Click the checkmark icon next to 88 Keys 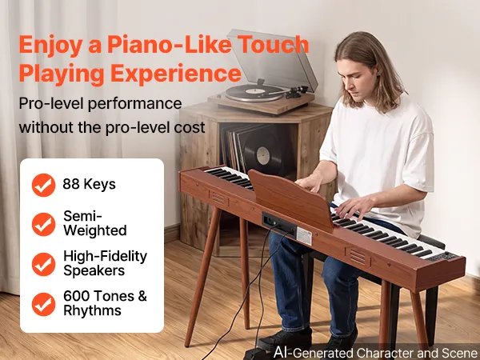[x=43, y=185]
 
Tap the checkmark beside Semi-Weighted [x=43, y=224]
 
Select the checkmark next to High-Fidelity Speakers [x=43, y=264]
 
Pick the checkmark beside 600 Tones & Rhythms [x=43, y=304]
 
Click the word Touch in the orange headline [x=273, y=44]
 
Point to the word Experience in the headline [x=176, y=74]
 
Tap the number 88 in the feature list [x=71, y=184]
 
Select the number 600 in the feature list [x=77, y=296]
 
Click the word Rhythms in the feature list [x=92, y=310]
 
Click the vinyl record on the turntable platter [x=254, y=92]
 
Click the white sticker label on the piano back [x=304, y=236]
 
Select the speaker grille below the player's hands [x=358, y=256]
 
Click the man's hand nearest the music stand [x=310, y=182]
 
